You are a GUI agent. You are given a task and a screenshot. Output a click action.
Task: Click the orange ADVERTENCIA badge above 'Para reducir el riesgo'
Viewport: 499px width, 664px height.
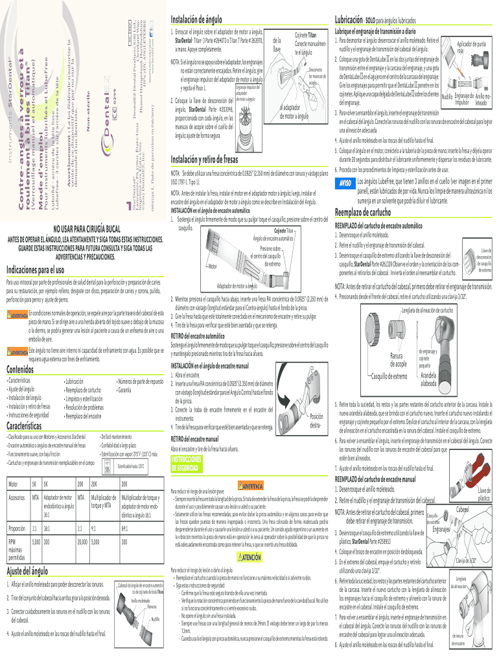pyautogui.click(x=250, y=484)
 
